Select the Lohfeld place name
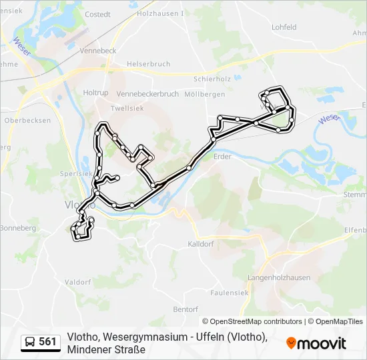coord(284,27)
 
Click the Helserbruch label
coord(149,64)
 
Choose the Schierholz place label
coord(212,78)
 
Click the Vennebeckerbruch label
coord(147,95)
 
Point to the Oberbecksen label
coord(27,121)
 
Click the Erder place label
coord(222,157)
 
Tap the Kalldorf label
coord(200,244)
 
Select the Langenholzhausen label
coord(279,277)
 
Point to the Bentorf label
coord(186,309)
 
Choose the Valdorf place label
coord(77,282)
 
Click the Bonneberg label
coord(18,228)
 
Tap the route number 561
coord(47,342)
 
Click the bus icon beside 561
coord(31,343)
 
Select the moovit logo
coord(316,343)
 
